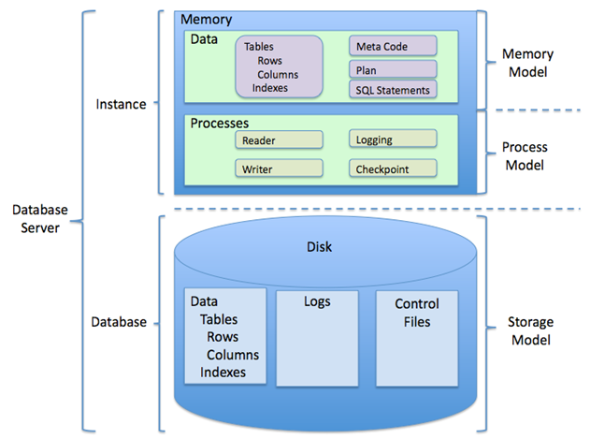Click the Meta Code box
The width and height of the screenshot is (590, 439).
(x=393, y=46)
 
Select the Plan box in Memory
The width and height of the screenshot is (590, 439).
(x=393, y=69)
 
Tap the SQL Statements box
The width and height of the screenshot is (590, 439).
(x=393, y=89)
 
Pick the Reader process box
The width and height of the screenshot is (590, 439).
(x=279, y=139)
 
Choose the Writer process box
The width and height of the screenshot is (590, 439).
(x=279, y=168)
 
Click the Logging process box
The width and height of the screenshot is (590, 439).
(x=393, y=139)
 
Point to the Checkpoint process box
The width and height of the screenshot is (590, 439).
(x=393, y=168)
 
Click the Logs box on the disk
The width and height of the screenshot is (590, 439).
(x=317, y=338)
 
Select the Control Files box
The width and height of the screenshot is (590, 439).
(x=417, y=338)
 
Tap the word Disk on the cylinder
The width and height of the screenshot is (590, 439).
(x=319, y=247)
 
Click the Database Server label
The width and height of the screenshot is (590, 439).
(x=40, y=218)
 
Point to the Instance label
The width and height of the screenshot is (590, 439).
(x=121, y=104)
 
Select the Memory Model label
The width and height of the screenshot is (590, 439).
(x=527, y=63)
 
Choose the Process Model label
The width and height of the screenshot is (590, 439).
(x=525, y=155)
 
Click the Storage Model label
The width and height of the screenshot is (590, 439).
(x=530, y=330)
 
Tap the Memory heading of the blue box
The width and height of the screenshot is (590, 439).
(x=207, y=20)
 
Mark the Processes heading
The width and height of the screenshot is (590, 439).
(x=220, y=124)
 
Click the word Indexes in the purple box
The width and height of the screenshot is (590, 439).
(x=270, y=88)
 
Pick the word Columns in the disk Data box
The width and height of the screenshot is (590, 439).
(x=233, y=355)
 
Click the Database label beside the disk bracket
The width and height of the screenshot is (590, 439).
(x=119, y=322)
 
